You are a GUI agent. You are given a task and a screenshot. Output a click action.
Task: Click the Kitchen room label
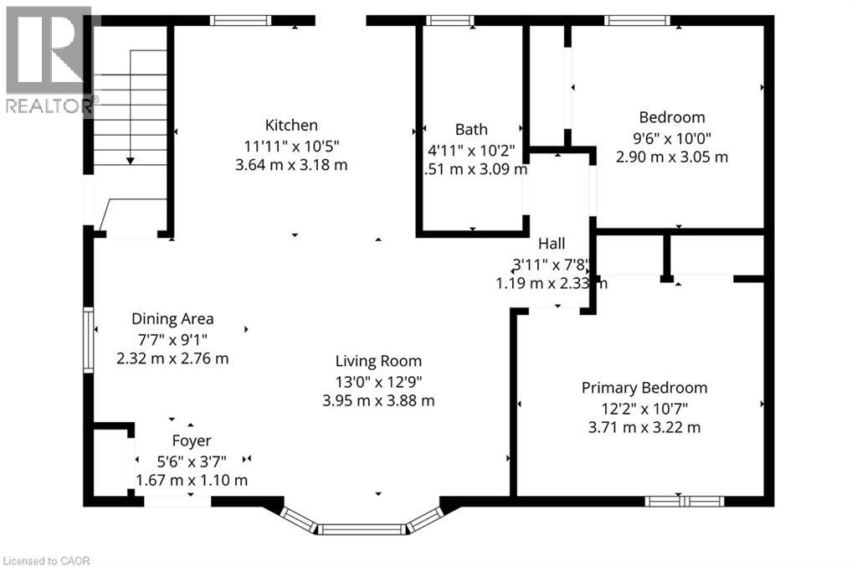click(291, 126)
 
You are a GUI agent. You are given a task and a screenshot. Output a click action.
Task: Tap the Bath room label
click(471, 129)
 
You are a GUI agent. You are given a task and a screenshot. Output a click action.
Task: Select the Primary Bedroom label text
click(644, 388)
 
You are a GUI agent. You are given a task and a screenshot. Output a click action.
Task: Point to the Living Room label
click(378, 362)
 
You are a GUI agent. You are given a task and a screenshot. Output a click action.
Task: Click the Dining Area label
click(172, 319)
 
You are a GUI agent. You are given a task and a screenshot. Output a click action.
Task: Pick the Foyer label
click(192, 441)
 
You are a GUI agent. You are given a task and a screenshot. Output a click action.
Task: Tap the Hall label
click(552, 244)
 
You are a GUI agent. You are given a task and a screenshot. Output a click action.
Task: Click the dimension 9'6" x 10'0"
click(672, 137)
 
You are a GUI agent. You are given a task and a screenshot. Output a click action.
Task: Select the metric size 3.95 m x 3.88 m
click(378, 400)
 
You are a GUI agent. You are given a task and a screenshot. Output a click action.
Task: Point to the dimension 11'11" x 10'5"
click(291, 146)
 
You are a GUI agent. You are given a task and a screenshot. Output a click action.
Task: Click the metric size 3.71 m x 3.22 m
click(644, 427)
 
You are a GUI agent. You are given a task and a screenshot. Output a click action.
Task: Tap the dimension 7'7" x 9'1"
click(172, 339)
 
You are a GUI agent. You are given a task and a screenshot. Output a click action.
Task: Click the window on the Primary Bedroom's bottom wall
click(684, 501)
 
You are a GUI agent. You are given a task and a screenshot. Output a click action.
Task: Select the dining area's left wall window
click(87, 340)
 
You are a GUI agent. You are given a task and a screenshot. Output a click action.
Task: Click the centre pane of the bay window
click(362, 529)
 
